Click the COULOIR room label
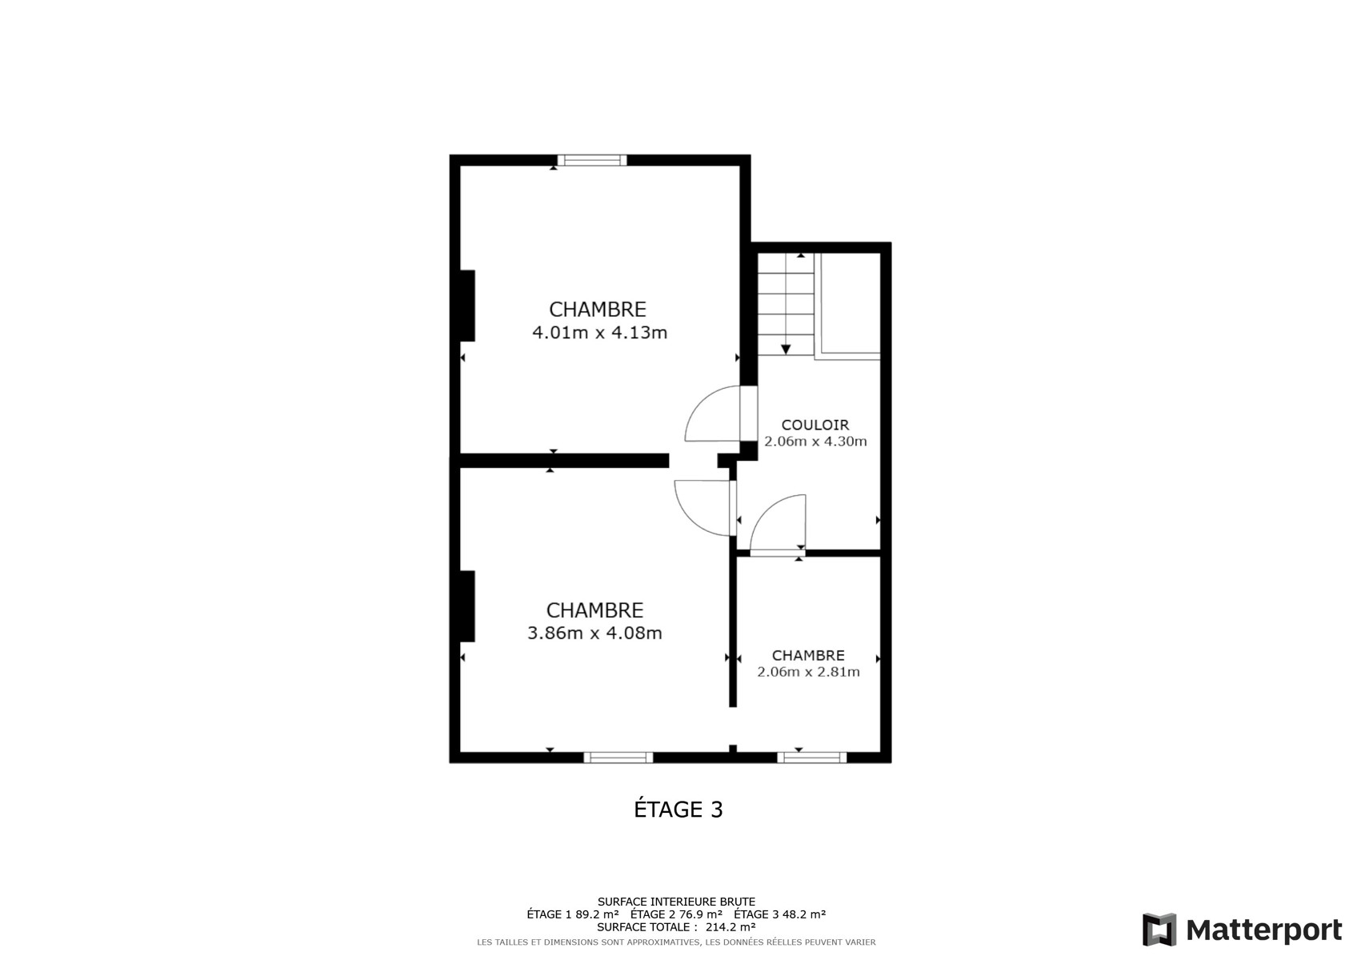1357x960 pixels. coord(815,425)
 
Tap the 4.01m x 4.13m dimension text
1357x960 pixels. coord(600,333)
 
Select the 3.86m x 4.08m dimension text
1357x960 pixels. coord(595,633)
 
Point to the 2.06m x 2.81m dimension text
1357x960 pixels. coord(808,672)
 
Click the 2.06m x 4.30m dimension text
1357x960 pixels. coord(815,442)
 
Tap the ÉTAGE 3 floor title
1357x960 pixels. coord(678,809)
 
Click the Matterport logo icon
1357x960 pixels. coord(1159,929)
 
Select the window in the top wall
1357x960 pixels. coord(592,161)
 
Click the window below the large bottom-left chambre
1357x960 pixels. coord(618,757)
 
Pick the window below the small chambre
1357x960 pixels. coord(812,757)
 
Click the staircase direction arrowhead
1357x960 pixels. coord(786,350)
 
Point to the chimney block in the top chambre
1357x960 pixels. coord(467,306)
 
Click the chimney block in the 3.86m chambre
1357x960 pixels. coord(467,606)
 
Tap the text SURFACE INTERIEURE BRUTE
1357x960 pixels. coord(677,902)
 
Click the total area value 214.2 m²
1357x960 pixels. coord(731,927)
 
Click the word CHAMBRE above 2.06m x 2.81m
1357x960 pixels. coord(808,655)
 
